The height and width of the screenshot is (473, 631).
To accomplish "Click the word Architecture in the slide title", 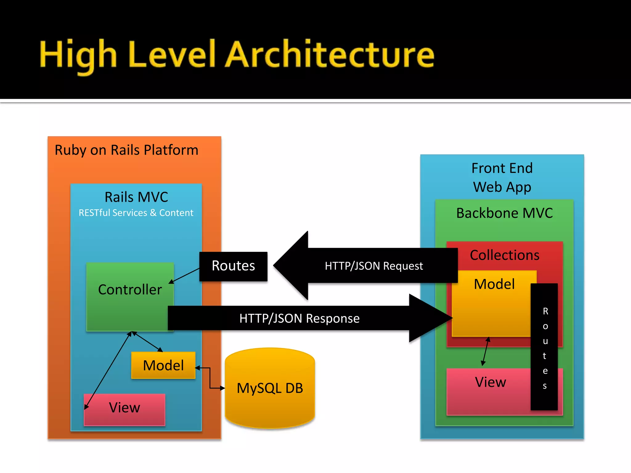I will coord(330,55).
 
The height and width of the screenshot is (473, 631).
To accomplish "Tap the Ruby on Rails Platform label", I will coord(126,150).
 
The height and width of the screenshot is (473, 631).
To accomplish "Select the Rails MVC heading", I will coord(136,197).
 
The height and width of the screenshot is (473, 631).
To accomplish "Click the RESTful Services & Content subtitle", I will coord(136,213).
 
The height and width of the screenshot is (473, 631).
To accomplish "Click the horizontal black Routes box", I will coord(233,266).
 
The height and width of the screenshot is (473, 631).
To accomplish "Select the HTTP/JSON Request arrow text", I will coord(374,266).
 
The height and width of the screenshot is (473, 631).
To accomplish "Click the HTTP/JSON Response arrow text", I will coord(299,318).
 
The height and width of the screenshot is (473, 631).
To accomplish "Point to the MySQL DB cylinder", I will coord(270,388).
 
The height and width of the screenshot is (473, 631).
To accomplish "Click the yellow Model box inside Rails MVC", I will coord(163,366).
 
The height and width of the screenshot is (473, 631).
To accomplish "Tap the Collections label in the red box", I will coord(504,255).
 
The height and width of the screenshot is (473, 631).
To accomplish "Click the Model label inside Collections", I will coord(494,284).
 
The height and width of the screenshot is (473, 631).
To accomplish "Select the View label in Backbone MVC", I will coord(490,382).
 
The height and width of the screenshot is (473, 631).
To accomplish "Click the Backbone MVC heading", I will coord(504,213).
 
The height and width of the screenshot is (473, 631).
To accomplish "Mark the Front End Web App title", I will coord(502,178).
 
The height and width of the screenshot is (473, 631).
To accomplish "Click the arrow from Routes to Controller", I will coord(185,276).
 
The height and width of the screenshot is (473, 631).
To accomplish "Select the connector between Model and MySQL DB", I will coord(210,378).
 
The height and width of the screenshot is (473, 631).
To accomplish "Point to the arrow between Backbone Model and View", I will coord(486,351).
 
